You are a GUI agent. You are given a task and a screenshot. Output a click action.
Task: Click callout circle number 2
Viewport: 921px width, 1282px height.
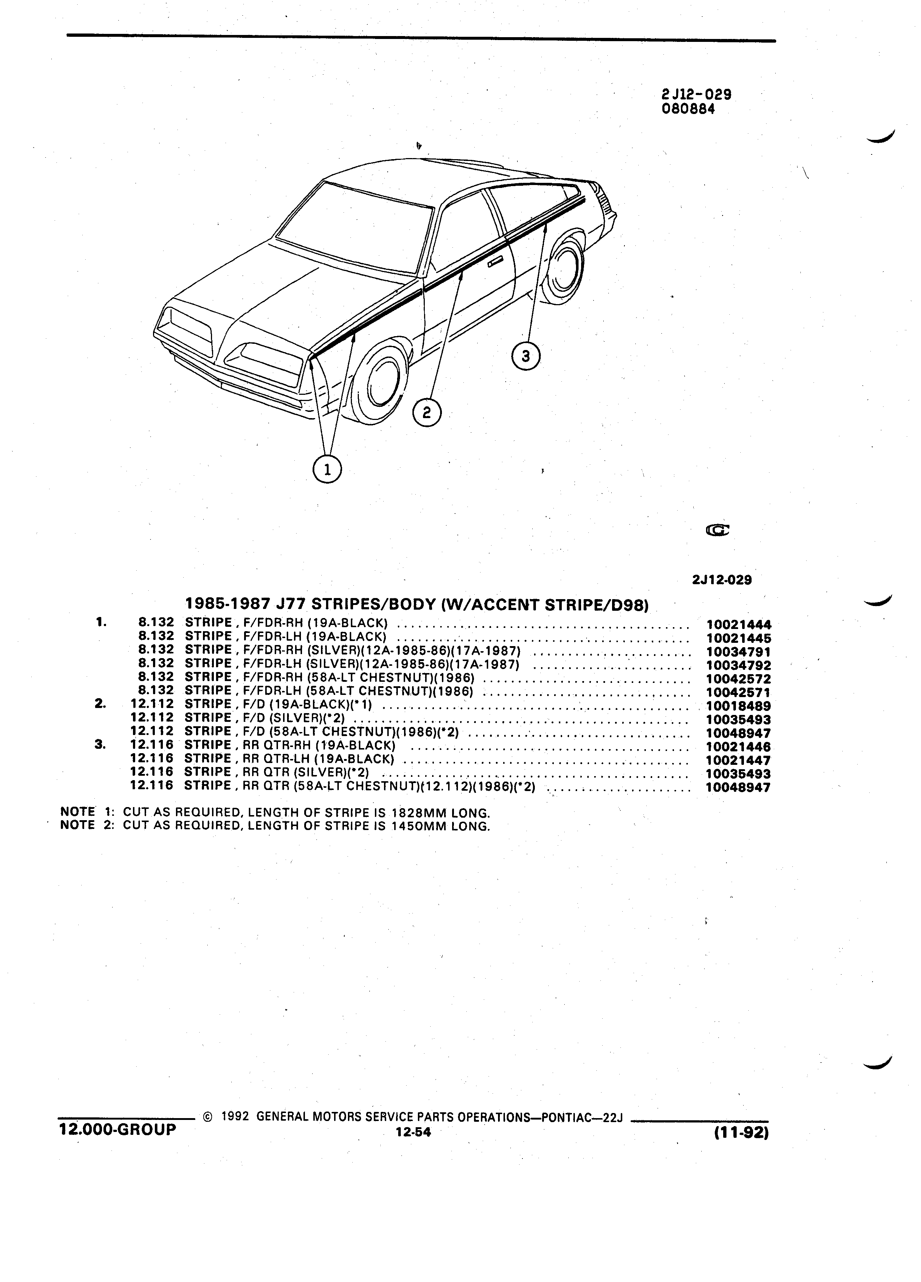click(x=427, y=413)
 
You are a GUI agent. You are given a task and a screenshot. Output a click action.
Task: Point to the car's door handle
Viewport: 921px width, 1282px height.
click(x=496, y=261)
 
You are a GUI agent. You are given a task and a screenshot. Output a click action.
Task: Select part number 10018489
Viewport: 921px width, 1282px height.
click(x=739, y=706)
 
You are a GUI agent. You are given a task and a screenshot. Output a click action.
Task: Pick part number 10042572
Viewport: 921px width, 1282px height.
click(x=739, y=679)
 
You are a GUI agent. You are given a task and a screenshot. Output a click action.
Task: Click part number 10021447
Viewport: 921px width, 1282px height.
click(x=739, y=760)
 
